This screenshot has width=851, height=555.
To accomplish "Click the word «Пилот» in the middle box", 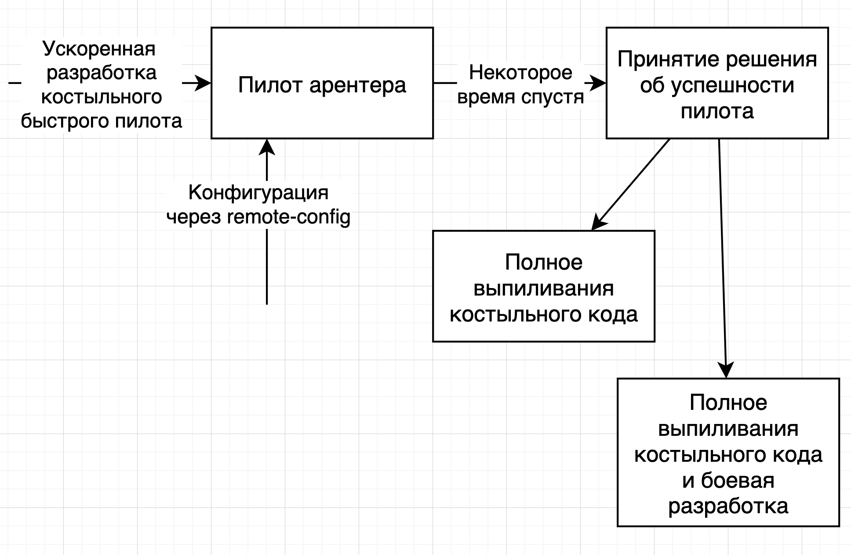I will click(x=270, y=85).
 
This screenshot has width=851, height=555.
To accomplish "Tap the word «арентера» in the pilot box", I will click(x=358, y=85).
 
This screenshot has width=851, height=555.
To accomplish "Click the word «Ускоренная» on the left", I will click(x=99, y=48).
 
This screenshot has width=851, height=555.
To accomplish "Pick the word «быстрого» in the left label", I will click(x=64, y=120).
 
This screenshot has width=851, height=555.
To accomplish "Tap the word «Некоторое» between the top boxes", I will click(x=520, y=73).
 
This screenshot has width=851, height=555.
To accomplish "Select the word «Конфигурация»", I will click(x=258, y=193).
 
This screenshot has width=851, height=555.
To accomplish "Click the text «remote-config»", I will click(x=289, y=217).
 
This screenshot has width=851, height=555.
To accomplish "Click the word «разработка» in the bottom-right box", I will click(x=728, y=506).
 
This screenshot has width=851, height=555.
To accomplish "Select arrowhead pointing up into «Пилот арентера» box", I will click(x=267, y=147).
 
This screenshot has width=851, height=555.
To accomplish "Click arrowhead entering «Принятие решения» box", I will click(x=598, y=83).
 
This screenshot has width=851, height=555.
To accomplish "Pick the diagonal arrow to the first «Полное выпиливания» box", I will click(x=631, y=185).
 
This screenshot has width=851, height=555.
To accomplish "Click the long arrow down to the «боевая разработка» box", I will click(x=722, y=259).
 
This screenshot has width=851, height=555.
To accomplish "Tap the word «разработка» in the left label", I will click(x=102, y=73).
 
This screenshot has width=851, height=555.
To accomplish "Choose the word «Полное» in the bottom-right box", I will click(x=728, y=402).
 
